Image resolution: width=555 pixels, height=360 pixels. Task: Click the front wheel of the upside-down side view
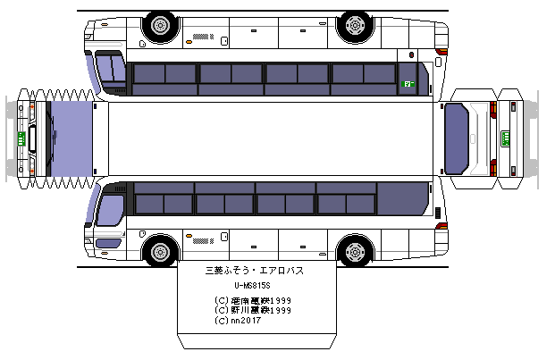pyautogui.click(x=161, y=26)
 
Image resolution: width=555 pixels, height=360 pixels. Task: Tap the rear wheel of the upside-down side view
pyautogui.click(x=354, y=26)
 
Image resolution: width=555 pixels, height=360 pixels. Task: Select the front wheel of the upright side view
pyautogui.click(x=161, y=250)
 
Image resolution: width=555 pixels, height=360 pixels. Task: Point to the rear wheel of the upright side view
pyautogui.click(x=354, y=250)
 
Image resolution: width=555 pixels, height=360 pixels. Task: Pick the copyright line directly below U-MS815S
pyautogui.click(x=254, y=300)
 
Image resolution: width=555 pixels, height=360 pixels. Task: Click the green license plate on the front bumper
pyautogui.click(x=20, y=138)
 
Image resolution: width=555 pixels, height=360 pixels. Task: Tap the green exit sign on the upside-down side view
pyautogui.click(x=408, y=84)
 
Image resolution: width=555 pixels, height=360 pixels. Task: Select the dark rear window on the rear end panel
pyautogui.click(x=462, y=138)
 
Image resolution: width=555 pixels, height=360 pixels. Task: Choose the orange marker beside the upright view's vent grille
pyautogui.click(x=189, y=239)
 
